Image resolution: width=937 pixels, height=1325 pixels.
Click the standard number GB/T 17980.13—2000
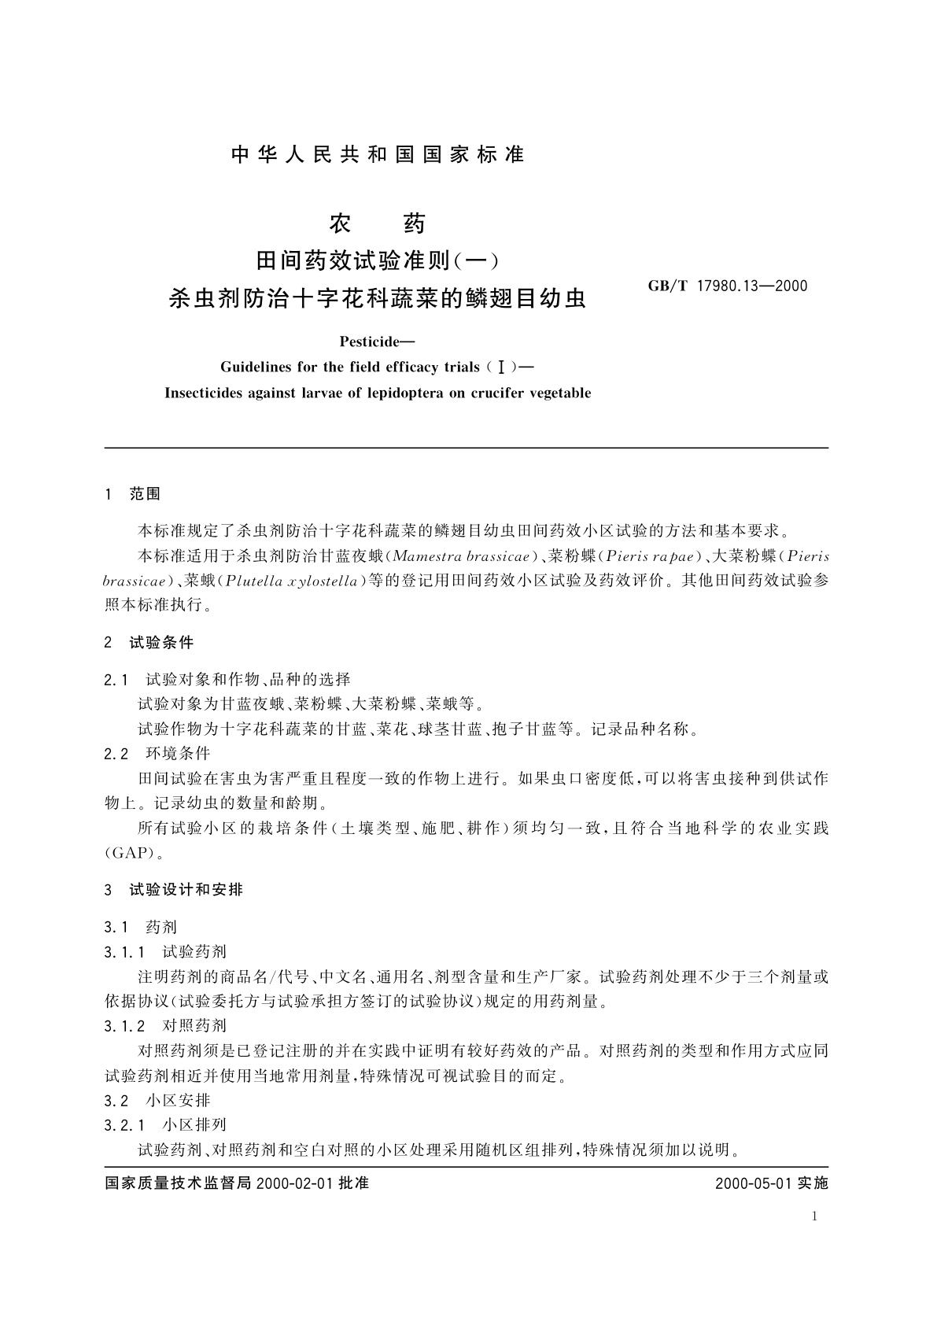coord(728,286)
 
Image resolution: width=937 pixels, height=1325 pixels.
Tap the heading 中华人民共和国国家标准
coord(378,155)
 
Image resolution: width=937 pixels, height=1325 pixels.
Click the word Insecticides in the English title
coord(202,393)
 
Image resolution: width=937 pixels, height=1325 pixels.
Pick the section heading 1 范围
coord(132,494)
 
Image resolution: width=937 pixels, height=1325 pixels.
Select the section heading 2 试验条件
coord(149,643)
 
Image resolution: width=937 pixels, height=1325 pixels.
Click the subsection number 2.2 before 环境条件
coord(116,754)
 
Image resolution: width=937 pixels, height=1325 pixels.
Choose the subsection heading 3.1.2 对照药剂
coord(165,1026)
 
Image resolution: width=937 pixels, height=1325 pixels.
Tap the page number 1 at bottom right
coord(814,1216)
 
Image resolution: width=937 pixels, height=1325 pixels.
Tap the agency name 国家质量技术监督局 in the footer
coord(178,1183)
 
